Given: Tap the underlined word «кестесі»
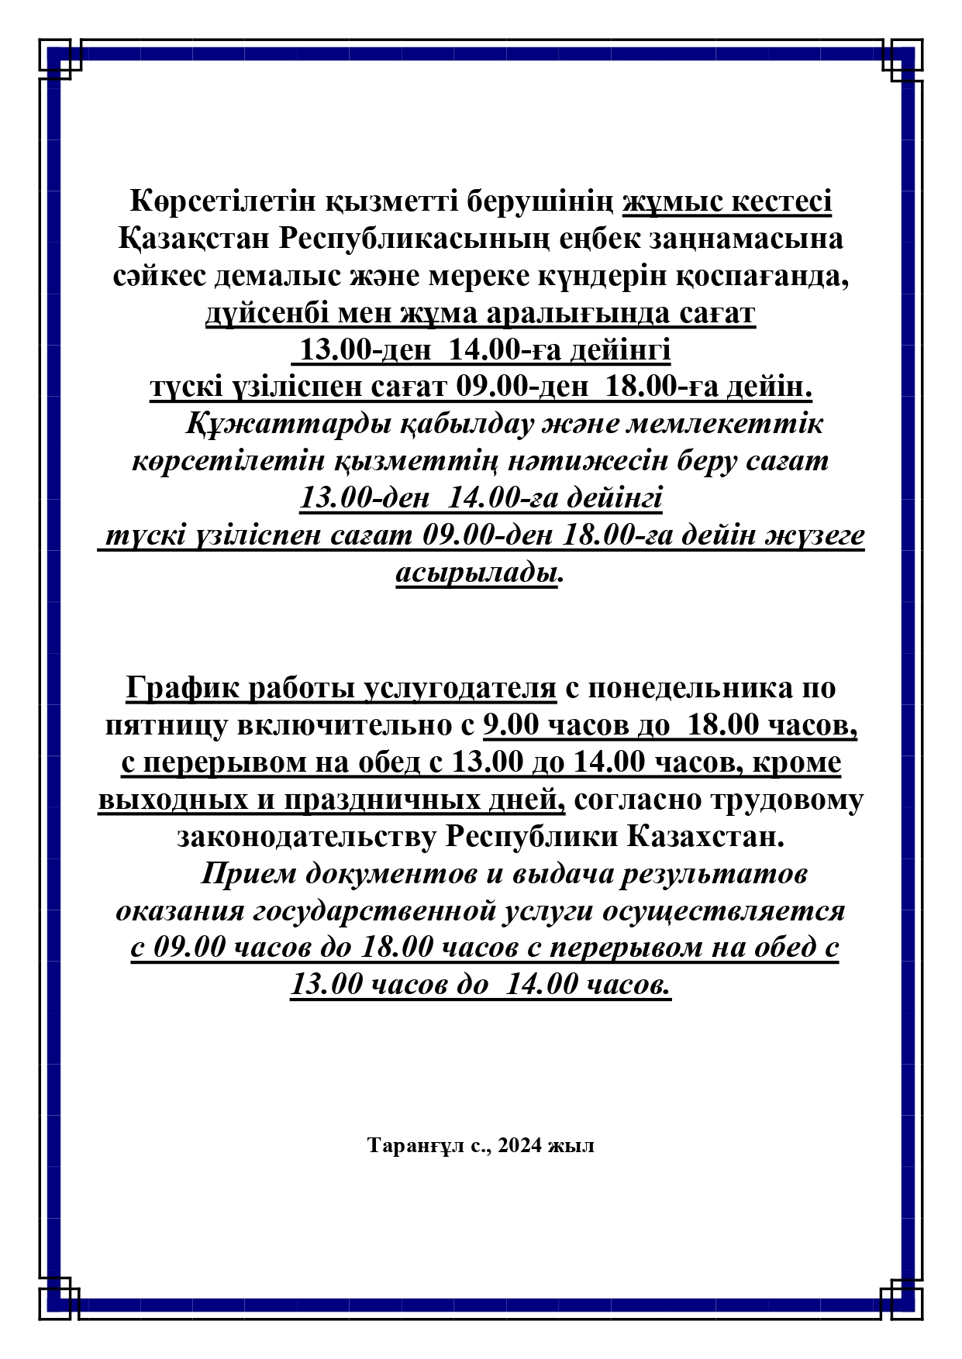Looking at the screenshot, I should (x=782, y=201).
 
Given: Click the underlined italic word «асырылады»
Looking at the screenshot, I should (x=477, y=573).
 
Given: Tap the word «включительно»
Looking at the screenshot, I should (x=335, y=725).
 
